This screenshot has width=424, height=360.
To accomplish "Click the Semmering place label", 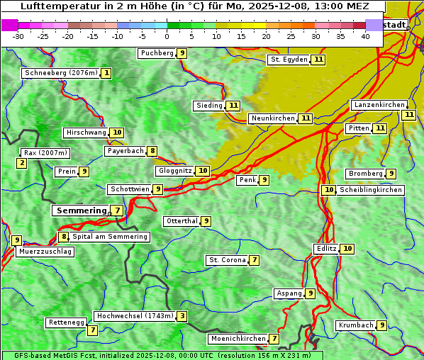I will [x=79, y=210].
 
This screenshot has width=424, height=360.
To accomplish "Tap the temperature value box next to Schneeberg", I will [x=106, y=73].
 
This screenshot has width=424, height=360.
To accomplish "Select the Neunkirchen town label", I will [x=272, y=118].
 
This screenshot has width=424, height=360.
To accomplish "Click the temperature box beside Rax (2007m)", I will [x=22, y=164].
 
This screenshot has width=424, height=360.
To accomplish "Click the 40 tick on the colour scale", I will [x=365, y=36].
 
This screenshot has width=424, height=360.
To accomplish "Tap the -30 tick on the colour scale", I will [x=18, y=36].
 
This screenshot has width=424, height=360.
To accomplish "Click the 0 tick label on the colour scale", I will [x=167, y=36].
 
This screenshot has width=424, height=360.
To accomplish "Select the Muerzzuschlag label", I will [x=45, y=252].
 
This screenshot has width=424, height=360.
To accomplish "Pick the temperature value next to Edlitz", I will [x=347, y=249].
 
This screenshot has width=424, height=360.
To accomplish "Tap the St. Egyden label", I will [x=289, y=60].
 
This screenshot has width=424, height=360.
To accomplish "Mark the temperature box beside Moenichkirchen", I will [x=274, y=339].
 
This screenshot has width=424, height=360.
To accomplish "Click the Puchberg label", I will [x=157, y=53].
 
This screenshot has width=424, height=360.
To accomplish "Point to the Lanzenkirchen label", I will [x=379, y=105].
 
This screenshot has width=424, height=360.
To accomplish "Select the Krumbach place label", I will [x=355, y=325].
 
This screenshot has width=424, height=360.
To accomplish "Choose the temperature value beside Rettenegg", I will [x=92, y=330].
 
